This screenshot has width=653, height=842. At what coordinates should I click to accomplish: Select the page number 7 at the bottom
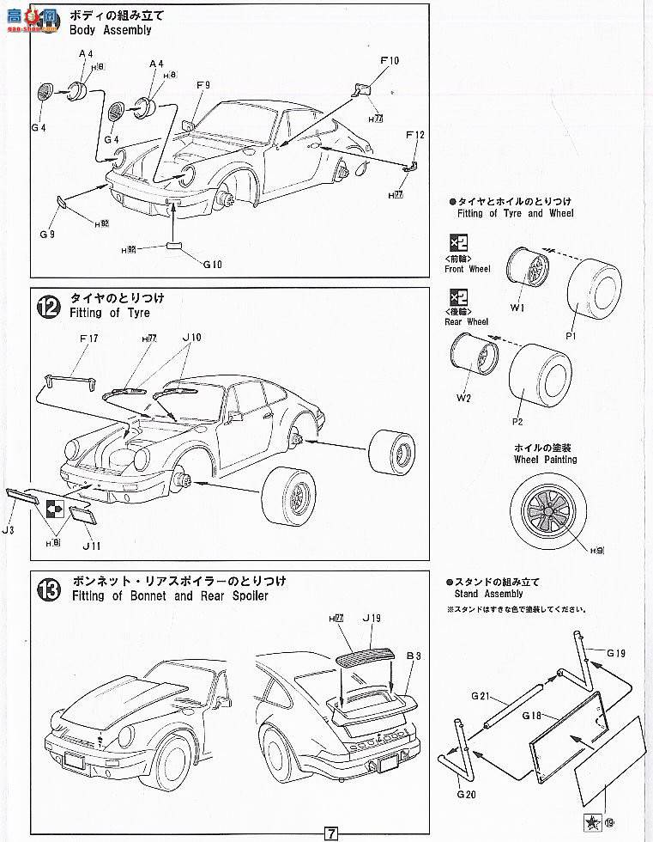click(x=331, y=832)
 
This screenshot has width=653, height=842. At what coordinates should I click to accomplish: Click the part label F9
click(x=203, y=85)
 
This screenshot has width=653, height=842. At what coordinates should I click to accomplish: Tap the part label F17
click(x=88, y=339)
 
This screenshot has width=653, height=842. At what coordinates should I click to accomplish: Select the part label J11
click(x=92, y=545)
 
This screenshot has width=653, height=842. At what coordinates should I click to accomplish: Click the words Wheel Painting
click(x=545, y=460)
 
